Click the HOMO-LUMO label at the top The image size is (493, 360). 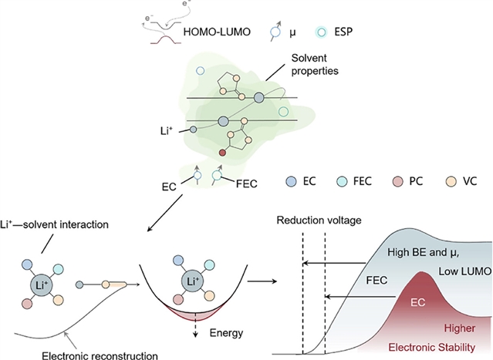(217, 32)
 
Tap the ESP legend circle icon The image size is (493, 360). (321, 32)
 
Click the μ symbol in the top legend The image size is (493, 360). (292, 32)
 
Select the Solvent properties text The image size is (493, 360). (315, 65)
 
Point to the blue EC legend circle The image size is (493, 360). (291, 182)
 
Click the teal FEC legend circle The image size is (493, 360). (342, 182)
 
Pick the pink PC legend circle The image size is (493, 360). (398, 182)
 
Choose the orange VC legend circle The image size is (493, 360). (451, 182)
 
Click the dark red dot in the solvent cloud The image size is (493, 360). (222, 153)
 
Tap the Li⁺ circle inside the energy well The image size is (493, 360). (192, 281)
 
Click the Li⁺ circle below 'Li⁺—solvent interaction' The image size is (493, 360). (42, 285)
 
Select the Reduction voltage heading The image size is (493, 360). (319, 220)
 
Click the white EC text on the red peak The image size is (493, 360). (418, 302)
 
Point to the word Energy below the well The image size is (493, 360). (226, 333)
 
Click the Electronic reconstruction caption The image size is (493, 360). (100, 355)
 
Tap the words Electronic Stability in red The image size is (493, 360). (432, 347)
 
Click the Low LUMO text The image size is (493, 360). (465, 271)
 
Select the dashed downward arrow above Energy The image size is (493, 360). (195, 325)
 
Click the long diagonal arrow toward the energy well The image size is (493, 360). (165, 214)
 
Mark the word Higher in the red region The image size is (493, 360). (459, 328)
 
